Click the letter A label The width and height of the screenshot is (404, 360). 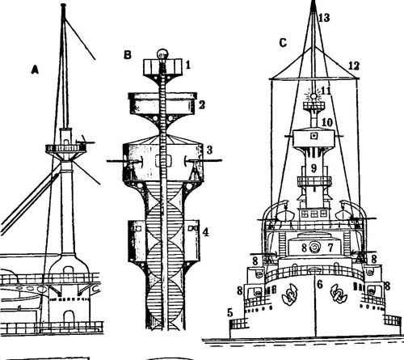coord(35,70)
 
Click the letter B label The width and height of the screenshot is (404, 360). coord(128,55)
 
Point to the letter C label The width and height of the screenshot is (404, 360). coord(283,43)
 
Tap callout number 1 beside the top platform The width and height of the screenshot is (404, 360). coord(188,65)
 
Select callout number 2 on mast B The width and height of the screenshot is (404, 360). coord(202,104)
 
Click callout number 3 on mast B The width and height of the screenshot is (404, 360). coord(209,150)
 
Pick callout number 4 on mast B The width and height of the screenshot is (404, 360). coord(205,231)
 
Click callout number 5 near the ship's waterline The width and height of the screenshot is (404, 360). coord(229,313)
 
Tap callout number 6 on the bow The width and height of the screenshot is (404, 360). coord(320,284)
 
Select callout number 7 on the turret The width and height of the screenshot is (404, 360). coord(330,248)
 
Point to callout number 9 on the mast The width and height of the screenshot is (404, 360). coord(314,168)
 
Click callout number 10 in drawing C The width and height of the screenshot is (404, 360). coord(327,123)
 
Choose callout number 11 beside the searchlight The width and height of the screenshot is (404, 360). coord(326,91)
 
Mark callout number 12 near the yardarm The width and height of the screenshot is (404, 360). coord(354,66)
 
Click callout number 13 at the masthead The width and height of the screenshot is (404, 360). coord(324,18)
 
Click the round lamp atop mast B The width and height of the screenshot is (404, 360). coord(162,54)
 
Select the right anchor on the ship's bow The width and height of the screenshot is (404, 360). coord(339,294)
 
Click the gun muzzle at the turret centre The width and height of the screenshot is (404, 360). coord(314,247)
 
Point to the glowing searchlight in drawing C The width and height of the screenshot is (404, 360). coord(314,96)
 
